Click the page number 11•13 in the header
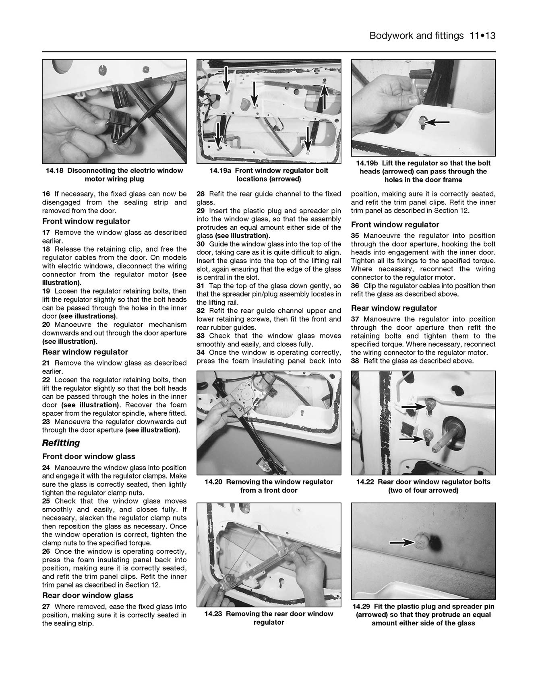[482, 36]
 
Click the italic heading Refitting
[61, 443]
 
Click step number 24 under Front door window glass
[46, 468]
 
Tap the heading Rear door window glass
[87, 595]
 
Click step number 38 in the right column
[355, 361]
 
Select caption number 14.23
[214, 614]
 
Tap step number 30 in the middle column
[201, 244]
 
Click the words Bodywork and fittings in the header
[416, 36]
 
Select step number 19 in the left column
[46, 291]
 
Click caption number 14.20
[214, 482]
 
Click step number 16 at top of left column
[46, 194]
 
